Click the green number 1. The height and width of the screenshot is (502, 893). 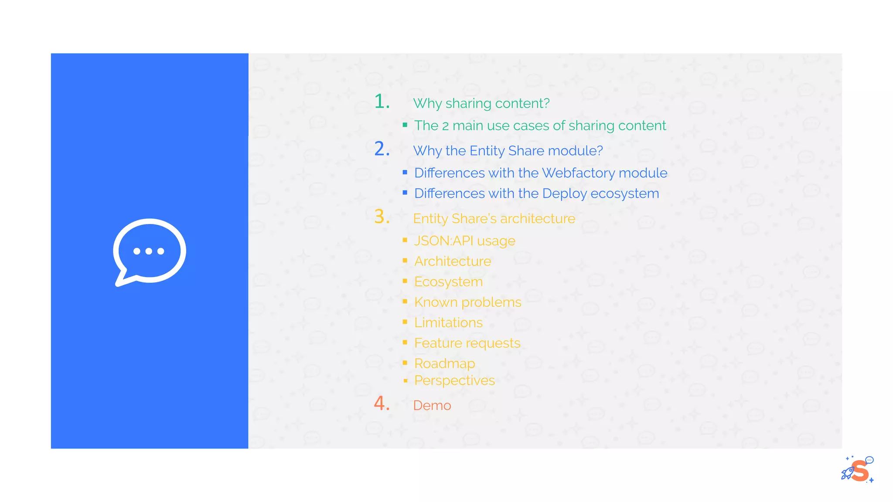381,102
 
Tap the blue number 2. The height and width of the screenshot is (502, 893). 381,149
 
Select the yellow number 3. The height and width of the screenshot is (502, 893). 381,217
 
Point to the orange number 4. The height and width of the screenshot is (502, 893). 381,404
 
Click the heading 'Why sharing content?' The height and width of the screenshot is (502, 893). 481,103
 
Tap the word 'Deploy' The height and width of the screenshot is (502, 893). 564,193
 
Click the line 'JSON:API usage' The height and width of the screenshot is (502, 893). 464,241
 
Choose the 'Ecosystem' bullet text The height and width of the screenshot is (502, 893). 448,282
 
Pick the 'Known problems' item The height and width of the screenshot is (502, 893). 467,302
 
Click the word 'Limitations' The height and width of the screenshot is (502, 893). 448,323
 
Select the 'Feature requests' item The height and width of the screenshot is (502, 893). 467,343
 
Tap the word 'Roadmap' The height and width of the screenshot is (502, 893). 444,363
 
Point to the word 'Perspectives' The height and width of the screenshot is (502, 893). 454,381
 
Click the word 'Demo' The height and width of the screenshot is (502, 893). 432,406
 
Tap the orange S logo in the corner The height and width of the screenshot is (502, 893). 859,471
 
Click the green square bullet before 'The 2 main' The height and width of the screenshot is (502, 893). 405,125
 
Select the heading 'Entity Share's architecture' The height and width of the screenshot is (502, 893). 494,219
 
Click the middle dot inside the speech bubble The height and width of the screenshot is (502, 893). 149,251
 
